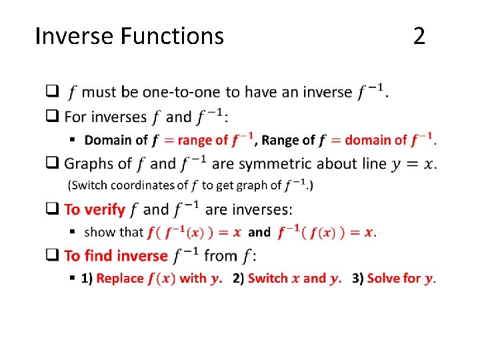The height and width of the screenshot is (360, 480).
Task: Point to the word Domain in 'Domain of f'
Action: tap(109, 140)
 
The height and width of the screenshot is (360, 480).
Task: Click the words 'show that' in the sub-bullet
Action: tap(113, 232)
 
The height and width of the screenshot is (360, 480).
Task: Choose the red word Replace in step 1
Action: tap(120, 278)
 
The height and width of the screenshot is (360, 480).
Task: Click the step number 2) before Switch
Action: tap(238, 278)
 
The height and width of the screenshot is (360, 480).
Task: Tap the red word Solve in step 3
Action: tap(383, 278)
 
